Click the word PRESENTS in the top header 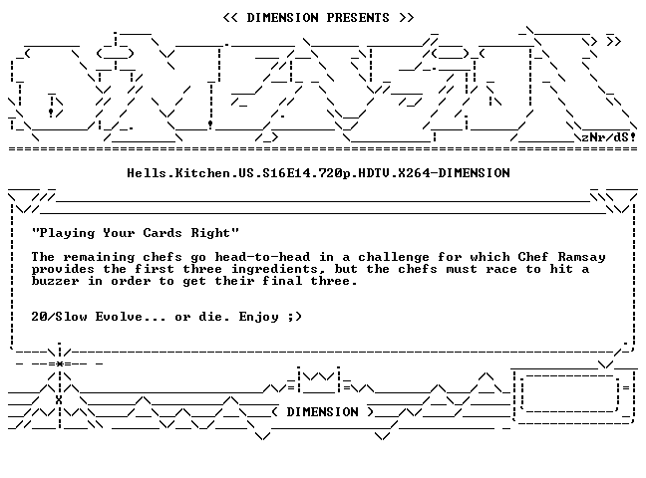(358, 18)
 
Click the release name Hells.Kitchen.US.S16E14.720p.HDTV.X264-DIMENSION (318, 173)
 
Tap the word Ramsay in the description (582, 257)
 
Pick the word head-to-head (262, 257)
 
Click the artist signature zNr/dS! (608, 137)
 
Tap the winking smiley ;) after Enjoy (295, 317)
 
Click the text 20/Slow (60, 317)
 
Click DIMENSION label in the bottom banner (323, 412)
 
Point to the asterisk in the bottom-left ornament (60, 363)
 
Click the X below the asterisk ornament (59, 399)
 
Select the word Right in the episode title (210, 233)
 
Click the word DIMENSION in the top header (282, 18)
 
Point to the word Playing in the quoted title (67, 233)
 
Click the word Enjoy (259, 317)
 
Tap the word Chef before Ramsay (533, 257)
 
